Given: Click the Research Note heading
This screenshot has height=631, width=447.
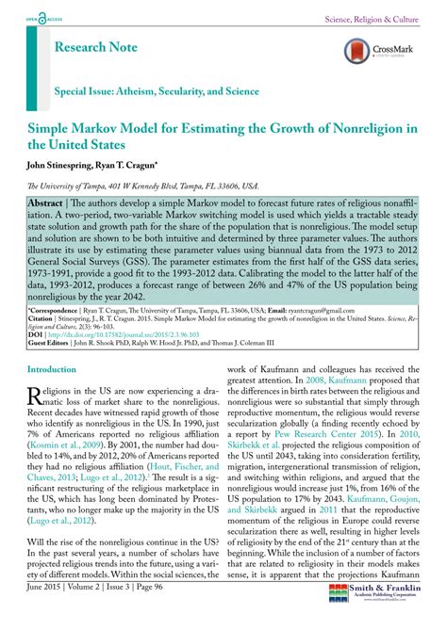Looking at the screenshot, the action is (101, 46).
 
